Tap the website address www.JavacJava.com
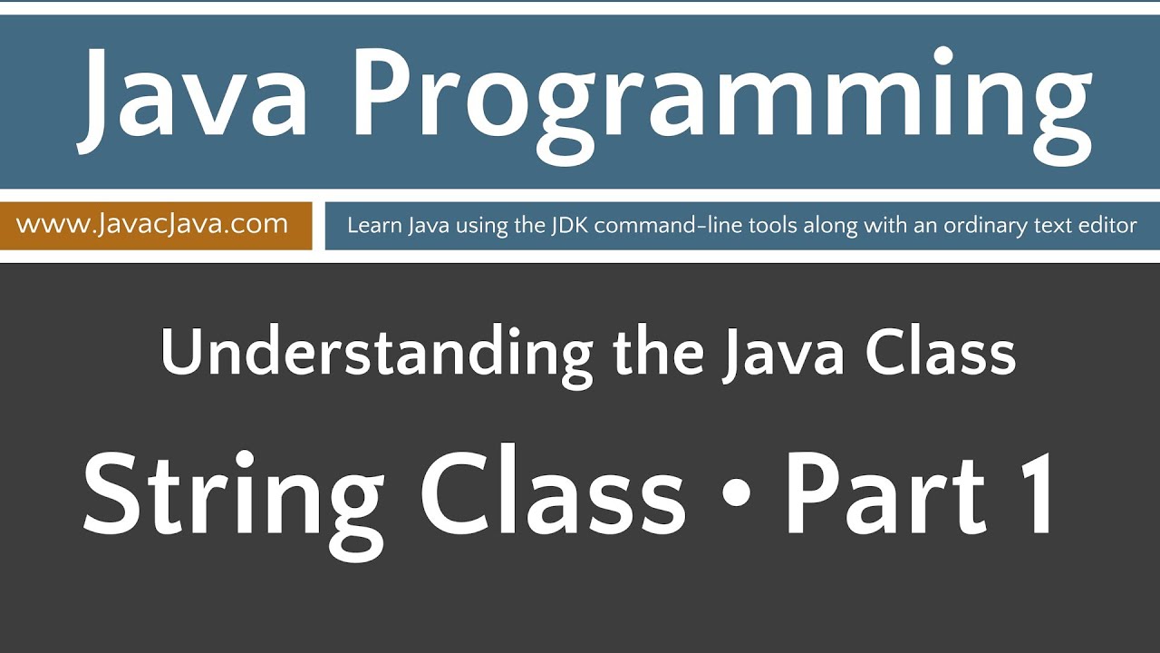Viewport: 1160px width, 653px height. coord(152,224)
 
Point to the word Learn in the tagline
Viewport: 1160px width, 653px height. coord(371,225)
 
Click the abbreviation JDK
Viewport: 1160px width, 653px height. coord(570,225)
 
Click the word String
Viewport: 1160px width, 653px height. coord(233,496)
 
